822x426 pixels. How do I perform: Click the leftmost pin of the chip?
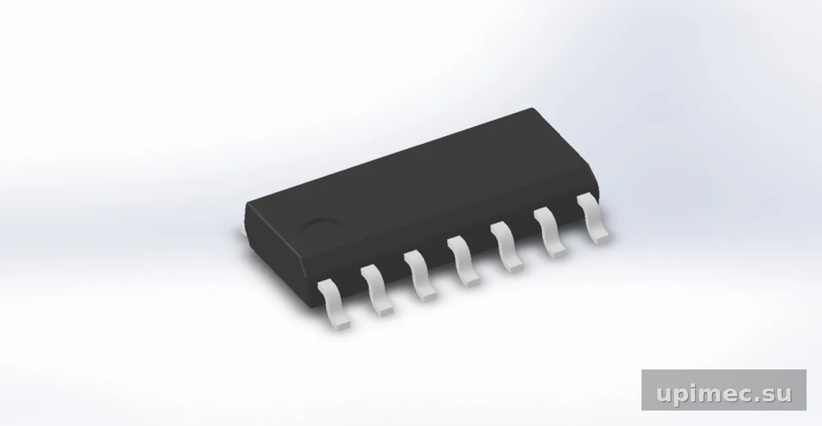[333, 303]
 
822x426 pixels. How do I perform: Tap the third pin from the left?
[420, 275]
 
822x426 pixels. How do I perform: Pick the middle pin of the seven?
[463, 260]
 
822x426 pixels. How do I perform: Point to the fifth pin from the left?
[507, 246]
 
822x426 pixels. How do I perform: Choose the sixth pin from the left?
[550, 232]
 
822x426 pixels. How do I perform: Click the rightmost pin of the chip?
[593, 217]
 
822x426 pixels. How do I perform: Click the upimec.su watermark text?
[724, 394]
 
